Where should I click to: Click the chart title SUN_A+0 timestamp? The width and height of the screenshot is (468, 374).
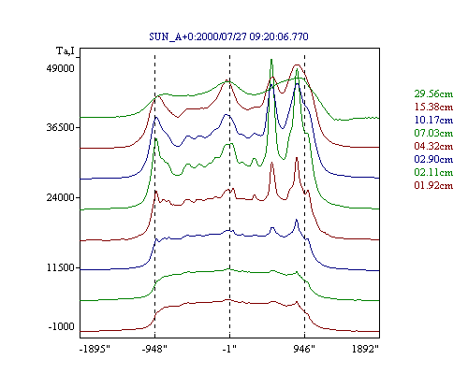[228, 36]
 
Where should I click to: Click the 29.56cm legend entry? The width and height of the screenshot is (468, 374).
[433, 93]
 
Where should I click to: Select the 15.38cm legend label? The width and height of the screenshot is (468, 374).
[433, 107]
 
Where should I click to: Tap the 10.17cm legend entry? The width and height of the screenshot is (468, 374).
[433, 120]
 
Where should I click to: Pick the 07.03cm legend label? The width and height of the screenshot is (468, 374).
[433, 133]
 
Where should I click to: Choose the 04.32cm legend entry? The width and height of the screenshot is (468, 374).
[433, 146]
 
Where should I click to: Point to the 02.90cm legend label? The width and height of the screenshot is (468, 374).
[433, 159]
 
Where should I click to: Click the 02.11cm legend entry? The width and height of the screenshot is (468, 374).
[433, 172]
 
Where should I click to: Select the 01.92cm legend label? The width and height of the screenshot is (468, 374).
[433, 185]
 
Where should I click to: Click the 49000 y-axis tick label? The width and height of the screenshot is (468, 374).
[61, 68]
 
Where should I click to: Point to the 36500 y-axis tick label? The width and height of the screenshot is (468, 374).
[61, 127]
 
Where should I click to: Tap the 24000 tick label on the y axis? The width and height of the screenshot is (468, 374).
[61, 197]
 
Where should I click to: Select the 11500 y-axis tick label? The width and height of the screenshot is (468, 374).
[61, 267]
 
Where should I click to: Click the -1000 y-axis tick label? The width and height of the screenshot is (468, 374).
[61, 326]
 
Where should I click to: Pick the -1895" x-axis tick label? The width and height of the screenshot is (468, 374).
[95, 349]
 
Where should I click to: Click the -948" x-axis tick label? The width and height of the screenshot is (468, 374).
[154, 349]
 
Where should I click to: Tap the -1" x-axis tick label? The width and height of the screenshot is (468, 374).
[229, 349]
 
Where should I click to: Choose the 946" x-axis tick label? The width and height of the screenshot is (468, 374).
[304, 349]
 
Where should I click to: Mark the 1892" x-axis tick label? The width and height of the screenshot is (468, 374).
[365, 349]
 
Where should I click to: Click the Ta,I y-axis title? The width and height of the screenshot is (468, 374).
[66, 50]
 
